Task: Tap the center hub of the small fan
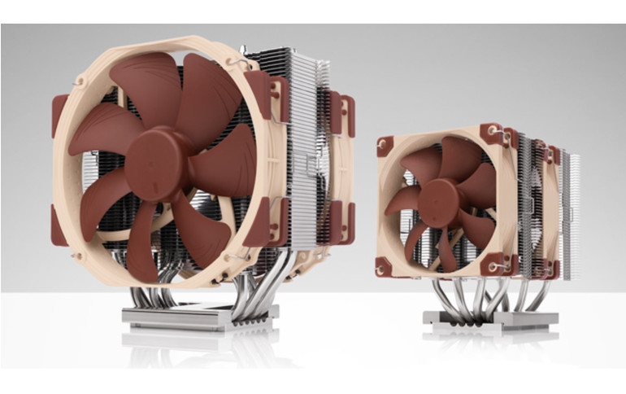point(441,198)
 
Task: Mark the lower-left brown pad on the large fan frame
point(59,225)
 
